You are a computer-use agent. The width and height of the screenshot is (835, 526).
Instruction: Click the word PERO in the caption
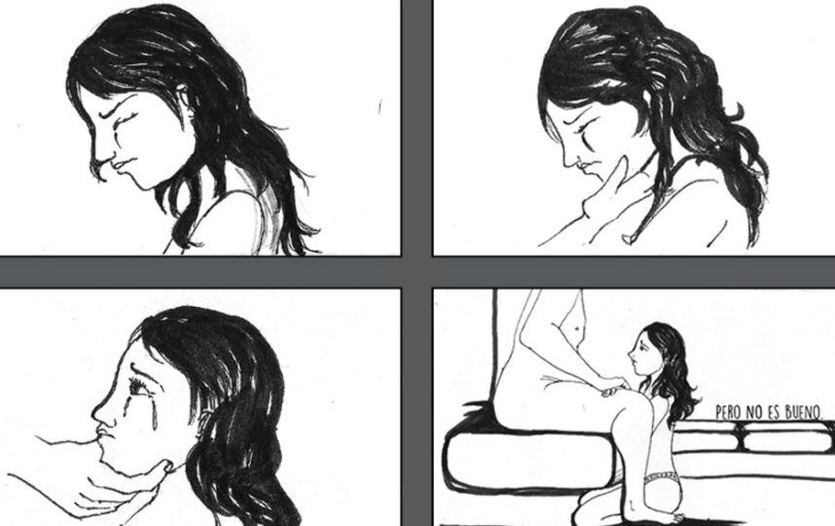click(727, 412)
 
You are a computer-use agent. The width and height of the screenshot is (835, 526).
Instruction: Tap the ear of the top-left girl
click(183, 99)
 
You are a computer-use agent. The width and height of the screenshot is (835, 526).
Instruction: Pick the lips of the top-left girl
click(118, 166)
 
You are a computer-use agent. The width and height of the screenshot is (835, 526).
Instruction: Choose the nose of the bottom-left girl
click(102, 411)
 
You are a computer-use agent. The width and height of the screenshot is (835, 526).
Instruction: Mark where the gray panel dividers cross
click(417, 272)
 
